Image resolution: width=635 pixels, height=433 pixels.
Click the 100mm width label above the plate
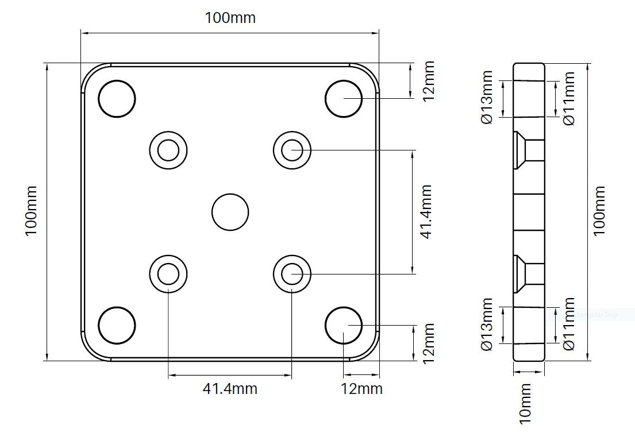click(230, 18)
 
